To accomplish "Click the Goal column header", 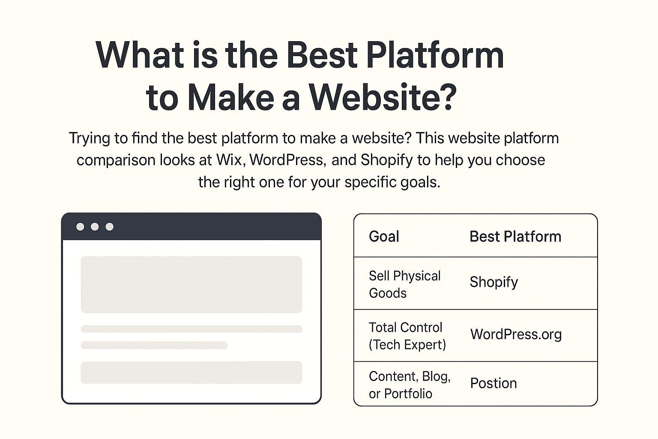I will [x=384, y=237].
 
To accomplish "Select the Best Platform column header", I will [x=515, y=237].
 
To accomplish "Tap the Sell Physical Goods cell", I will [x=404, y=284].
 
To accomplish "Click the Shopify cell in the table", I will [x=493, y=282].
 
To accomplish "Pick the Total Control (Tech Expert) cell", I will [x=407, y=336].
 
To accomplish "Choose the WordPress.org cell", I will [x=516, y=334].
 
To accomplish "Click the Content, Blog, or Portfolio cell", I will [x=409, y=385].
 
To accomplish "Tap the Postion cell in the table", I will [x=493, y=383].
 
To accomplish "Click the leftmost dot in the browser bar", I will [x=80, y=227].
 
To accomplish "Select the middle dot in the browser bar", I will [x=95, y=227].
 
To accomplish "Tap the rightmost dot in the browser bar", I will [x=110, y=227].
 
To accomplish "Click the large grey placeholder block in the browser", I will [x=191, y=285].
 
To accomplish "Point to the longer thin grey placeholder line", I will [x=191, y=329].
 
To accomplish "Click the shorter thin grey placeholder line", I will [x=154, y=345].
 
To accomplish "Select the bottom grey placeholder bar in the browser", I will [x=191, y=373].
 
